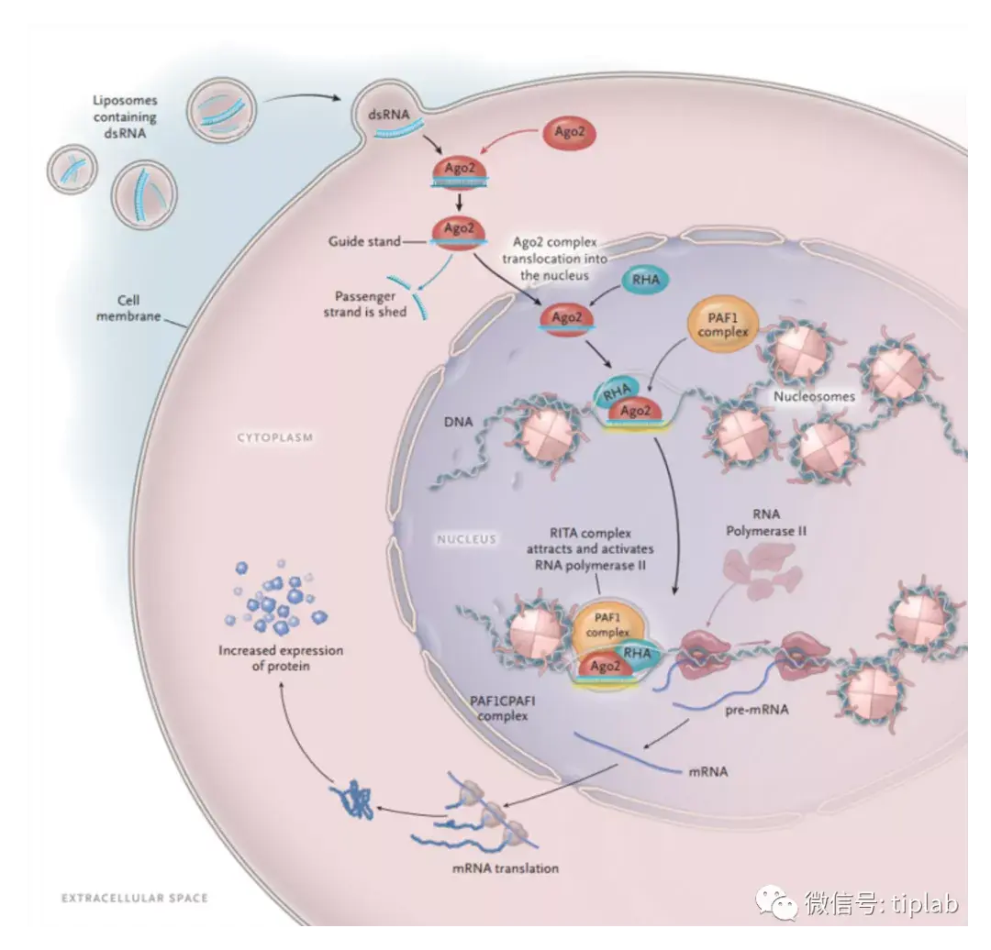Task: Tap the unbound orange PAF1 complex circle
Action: (x=722, y=326)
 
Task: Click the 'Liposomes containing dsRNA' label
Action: (x=125, y=116)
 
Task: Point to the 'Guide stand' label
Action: (x=364, y=241)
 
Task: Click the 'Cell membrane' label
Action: (x=139, y=308)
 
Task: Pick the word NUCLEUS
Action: (x=465, y=539)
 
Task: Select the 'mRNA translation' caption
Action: (x=505, y=867)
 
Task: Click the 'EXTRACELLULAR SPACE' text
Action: (x=134, y=898)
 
